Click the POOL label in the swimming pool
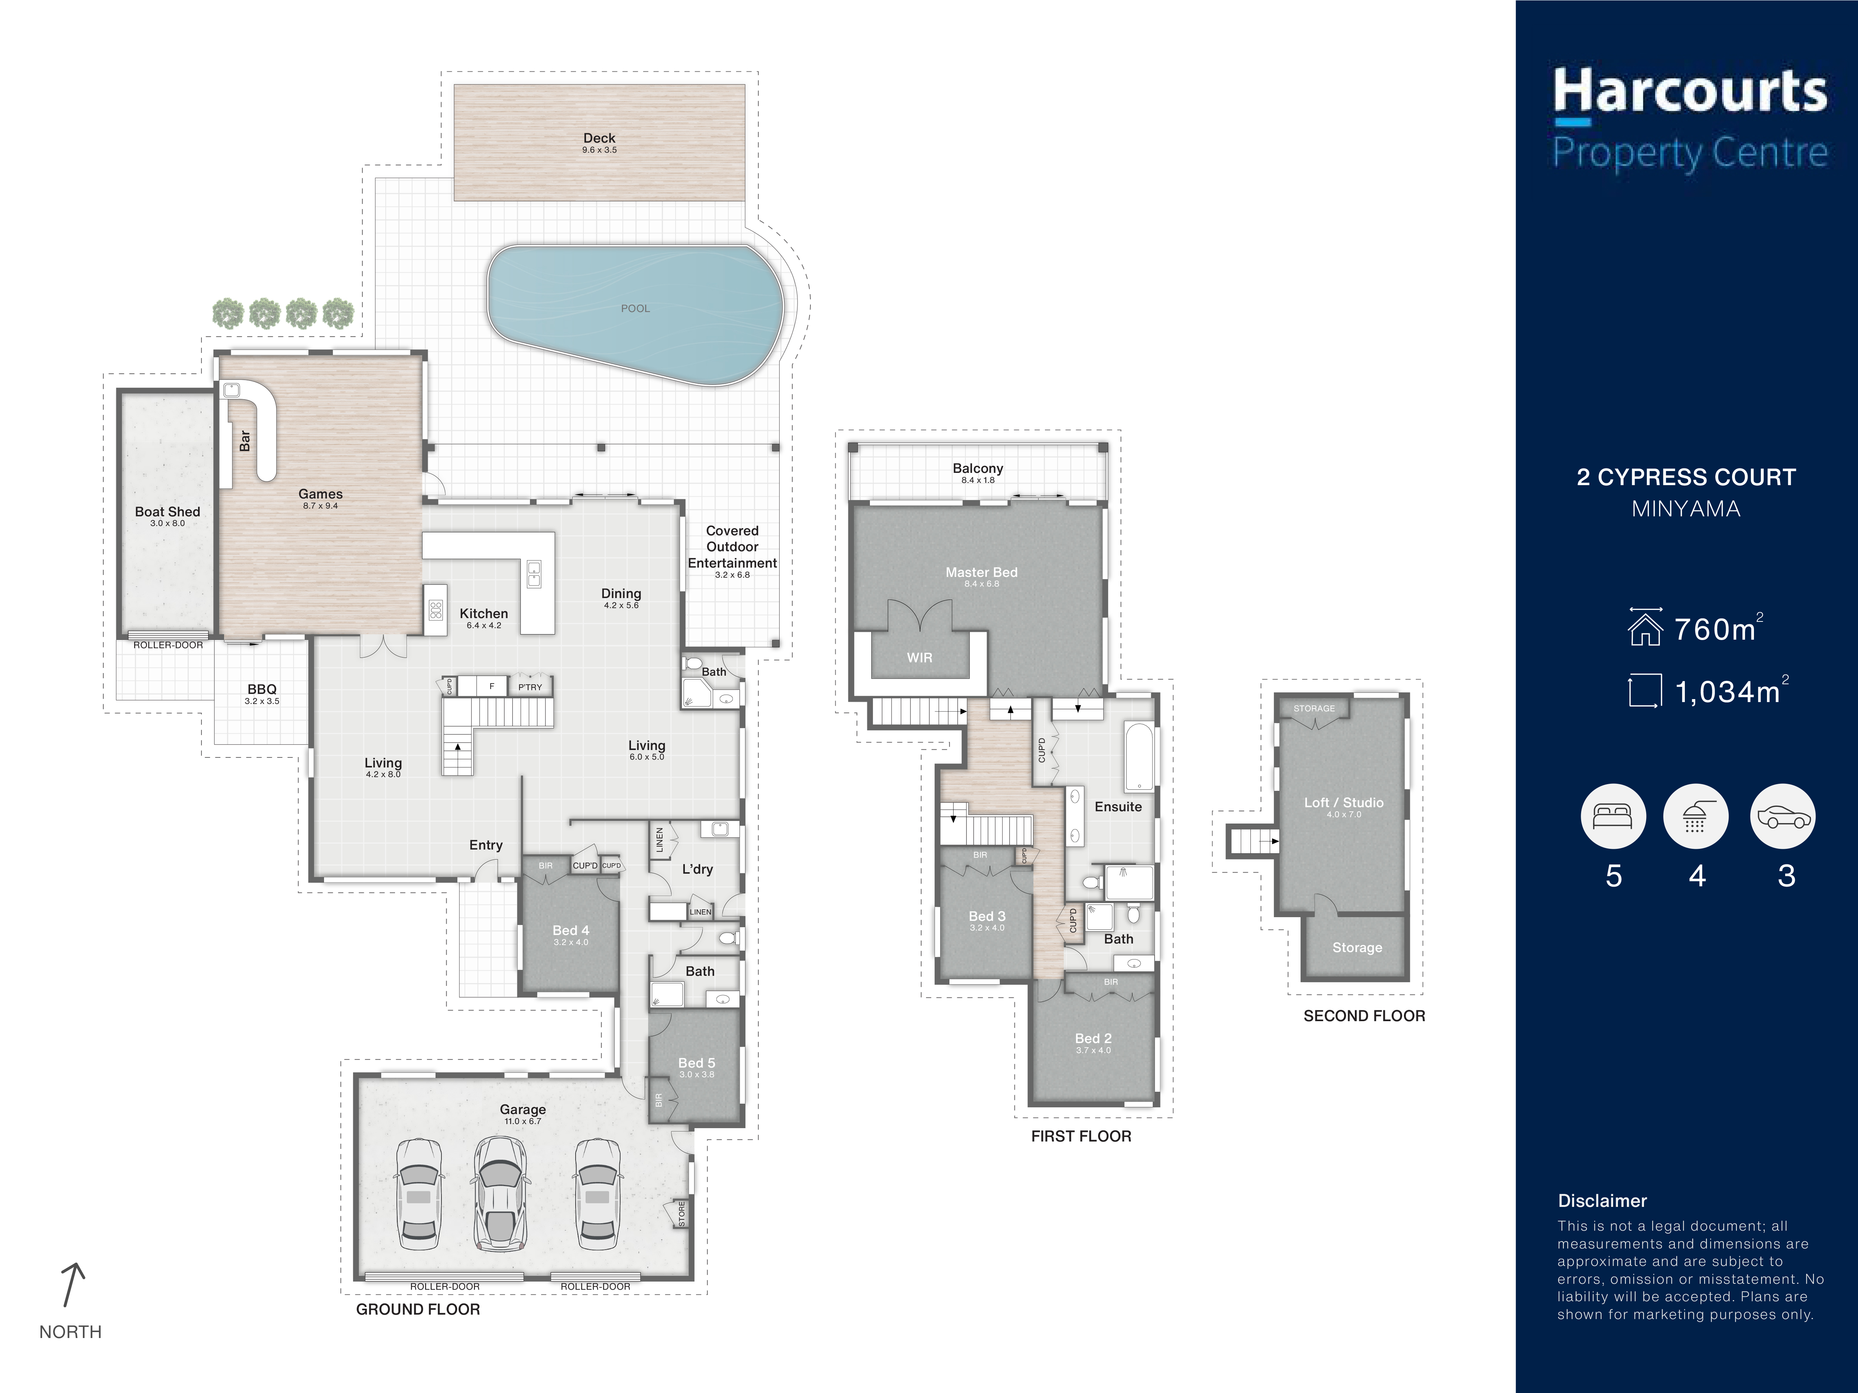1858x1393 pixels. [635, 308]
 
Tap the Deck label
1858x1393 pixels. [599, 138]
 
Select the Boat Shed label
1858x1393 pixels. [167, 512]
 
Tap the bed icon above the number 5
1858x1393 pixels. [1613, 816]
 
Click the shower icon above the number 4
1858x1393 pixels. [1696, 816]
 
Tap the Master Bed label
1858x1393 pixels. [981, 572]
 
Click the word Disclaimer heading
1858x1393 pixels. [1602, 1201]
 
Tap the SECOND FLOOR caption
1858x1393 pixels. [1364, 1016]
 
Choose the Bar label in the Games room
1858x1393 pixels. [245, 441]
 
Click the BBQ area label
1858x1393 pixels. [262, 689]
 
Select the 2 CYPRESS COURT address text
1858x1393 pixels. [1686, 477]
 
